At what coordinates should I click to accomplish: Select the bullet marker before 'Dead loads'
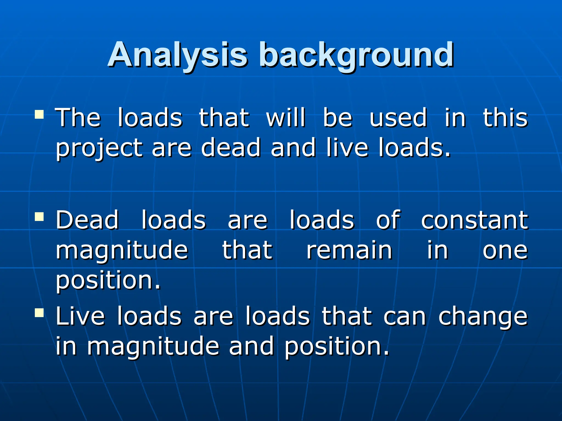tap(39, 217)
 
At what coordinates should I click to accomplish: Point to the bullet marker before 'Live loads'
tap(39, 312)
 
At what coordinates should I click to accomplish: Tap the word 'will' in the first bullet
tap(285, 118)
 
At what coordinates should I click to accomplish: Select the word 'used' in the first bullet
tap(398, 118)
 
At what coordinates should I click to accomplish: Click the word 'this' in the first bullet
tap(505, 118)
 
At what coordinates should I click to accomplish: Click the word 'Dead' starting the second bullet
tap(87, 220)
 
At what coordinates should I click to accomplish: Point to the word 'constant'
tap(474, 220)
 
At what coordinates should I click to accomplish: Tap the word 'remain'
tap(349, 250)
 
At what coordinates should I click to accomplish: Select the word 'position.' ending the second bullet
tap(108, 281)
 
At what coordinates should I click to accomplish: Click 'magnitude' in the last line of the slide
tap(153, 347)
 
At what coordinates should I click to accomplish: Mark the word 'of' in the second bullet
tap(388, 220)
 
